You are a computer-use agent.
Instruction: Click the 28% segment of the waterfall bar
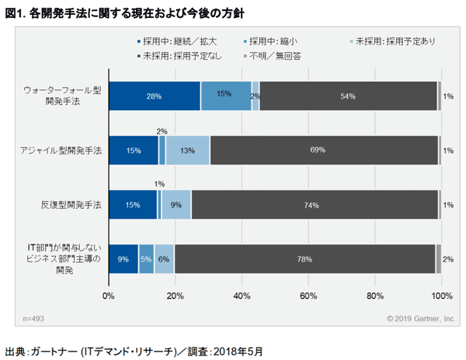tap(154, 96)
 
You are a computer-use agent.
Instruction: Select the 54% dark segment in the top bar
tap(348, 96)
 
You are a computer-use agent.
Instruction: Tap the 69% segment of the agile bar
tap(323, 150)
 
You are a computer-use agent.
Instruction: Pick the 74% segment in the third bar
tap(314, 205)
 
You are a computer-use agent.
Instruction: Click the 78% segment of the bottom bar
tap(304, 259)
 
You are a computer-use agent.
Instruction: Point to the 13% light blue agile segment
tap(187, 150)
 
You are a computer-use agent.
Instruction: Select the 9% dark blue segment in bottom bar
tap(123, 259)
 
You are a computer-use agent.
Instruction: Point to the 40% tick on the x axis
tap(242, 296)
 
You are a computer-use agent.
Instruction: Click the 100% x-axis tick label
tap(441, 296)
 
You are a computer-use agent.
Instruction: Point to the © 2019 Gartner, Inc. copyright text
tap(419, 318)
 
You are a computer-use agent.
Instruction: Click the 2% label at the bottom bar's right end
tap(448, 259)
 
